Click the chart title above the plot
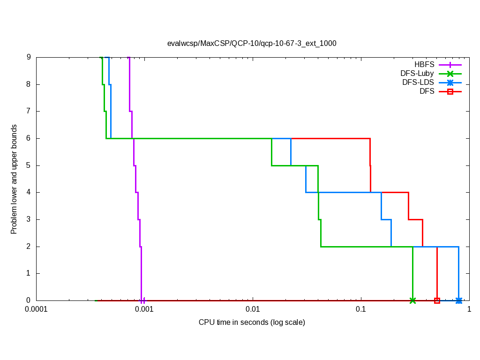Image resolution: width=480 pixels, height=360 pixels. tap(252, 43)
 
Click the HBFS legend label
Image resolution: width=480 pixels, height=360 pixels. tap(424, 64)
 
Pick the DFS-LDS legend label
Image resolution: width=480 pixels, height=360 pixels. tap(418, 82)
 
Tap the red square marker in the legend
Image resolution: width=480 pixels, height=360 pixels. tap(450, 91)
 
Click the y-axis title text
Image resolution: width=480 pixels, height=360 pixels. tap(14, 179)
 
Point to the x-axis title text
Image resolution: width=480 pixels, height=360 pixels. tap(252, 322)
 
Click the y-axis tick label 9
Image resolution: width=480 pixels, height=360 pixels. tap(29, 57)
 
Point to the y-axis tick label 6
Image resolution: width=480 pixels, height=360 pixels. tap(29, 138)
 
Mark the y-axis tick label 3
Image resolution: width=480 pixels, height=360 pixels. tap(29, 219)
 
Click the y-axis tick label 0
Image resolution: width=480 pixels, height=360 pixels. tap(29, 300)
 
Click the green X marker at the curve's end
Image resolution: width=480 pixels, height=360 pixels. tap(412, 300)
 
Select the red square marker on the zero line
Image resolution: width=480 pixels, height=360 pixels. tap(437, 300)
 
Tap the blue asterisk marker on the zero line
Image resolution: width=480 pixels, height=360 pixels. tap(459, 300)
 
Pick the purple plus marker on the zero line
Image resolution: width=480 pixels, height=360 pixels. tap(142, 300)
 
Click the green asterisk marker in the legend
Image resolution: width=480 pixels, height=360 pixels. tap(450, 73)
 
